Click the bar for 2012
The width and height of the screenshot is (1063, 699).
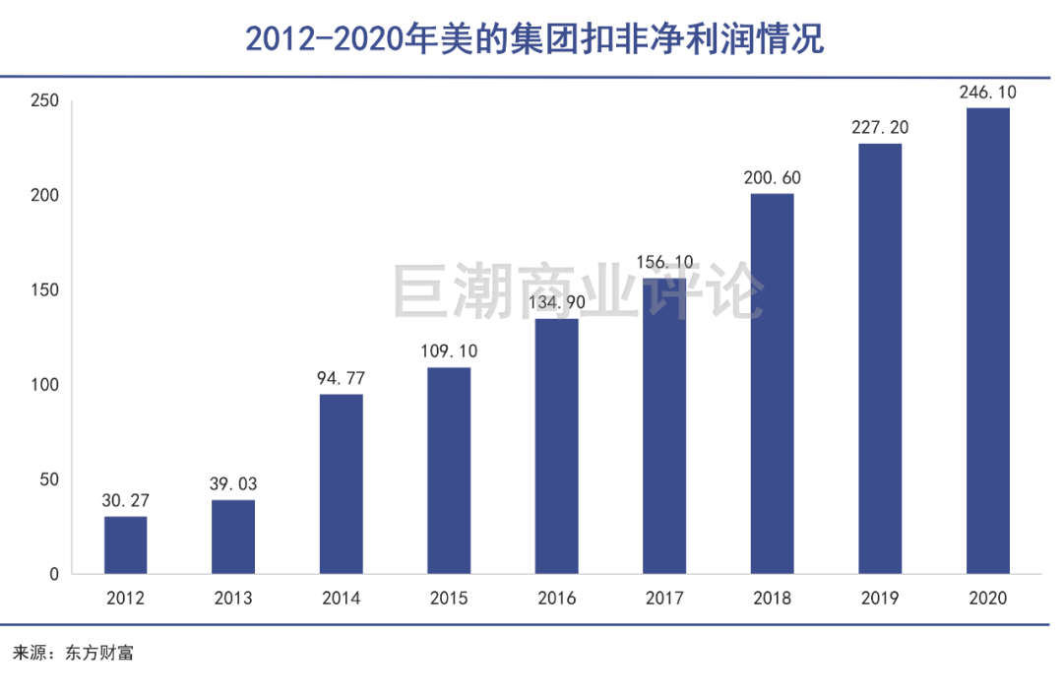pyautogui.click(x=125, y=544)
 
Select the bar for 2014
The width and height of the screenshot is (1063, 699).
pyautogui.click(x=341, y=483)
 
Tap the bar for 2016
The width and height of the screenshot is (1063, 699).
pyautogui.click(x=556, y=445)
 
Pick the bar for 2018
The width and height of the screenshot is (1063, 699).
pyautogui.click(x=772, y=383)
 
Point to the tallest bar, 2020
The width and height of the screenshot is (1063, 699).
pyautogui.click(x=987, y=340)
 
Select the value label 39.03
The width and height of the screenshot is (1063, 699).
pyautogui.click(x=233, y=484)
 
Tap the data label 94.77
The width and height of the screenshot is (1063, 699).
pyautogui.click(x=341, y=378)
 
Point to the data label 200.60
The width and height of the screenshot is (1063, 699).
pyautogui.click(x=772, y=178)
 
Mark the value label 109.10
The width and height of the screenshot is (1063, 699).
pyautogui.click(x=449, y=351)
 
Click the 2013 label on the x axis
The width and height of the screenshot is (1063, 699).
pyautogui.click(x=233, y=598)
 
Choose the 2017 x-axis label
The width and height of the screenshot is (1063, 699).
pyautogui.click(x=664, y=598)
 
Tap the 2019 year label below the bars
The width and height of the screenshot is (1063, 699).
pyautogui.click(x=880, y=598)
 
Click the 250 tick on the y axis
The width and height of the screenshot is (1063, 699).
pyautogui.click(x=45, y=101)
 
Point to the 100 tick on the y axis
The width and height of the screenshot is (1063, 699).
pyautogui.click(x=45, y=385)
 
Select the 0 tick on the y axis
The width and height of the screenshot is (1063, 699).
pyautogui.click(x=54, y=574)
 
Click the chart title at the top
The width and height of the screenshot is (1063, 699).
pyautogui.click(x=532, y=39)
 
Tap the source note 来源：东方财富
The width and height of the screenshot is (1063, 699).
pyautogui.click(x=72, y=653)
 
